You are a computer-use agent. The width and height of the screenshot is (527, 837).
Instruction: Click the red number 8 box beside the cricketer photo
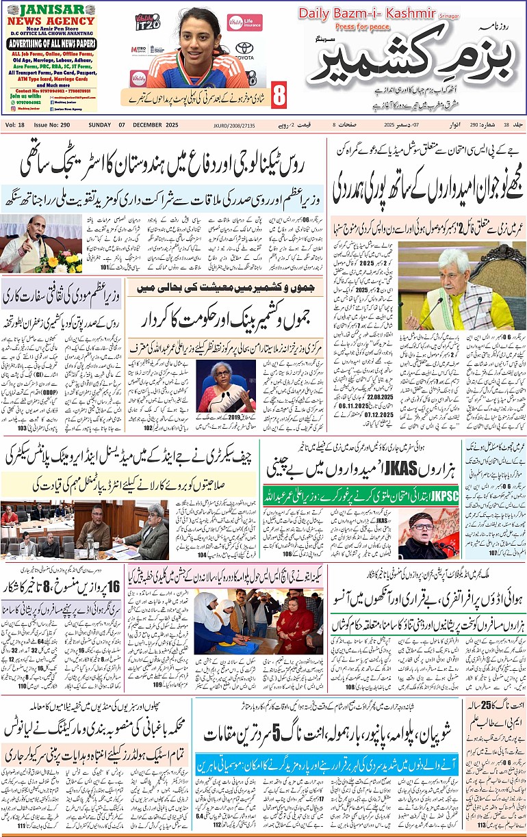(x=279, y=96)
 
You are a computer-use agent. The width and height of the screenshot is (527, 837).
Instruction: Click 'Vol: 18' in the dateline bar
(x=15, y=124)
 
